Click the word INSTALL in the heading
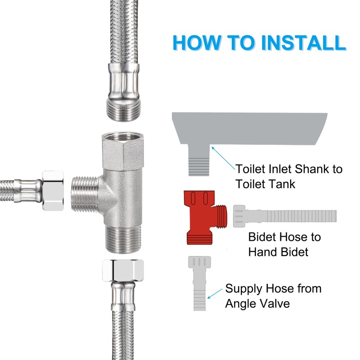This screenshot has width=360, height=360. pos(303,43)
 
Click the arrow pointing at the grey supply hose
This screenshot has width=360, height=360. pos(215,293)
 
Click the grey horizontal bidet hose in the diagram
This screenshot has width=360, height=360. pos(285,216)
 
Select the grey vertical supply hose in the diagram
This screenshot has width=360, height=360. pos(199,283)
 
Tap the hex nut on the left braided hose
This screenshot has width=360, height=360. pos(53,190)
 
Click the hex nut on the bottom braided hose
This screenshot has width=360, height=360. pos(123,270)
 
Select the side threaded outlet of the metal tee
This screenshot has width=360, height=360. pos(85,194)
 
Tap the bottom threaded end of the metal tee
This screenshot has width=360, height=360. pos(123,239)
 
